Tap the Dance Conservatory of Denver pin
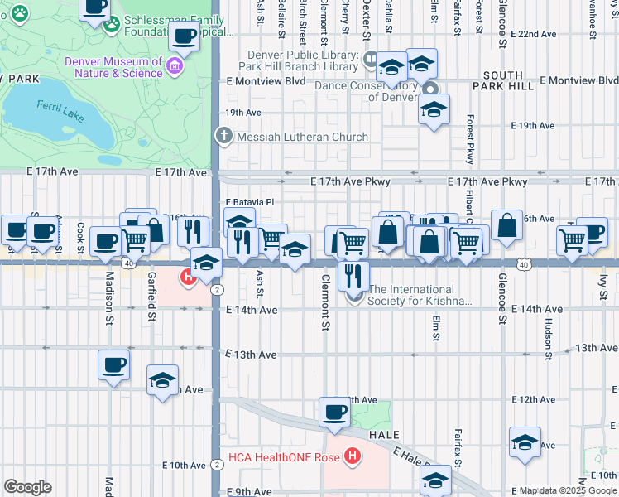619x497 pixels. tap(429, 89)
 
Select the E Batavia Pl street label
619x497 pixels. tap(249, 201)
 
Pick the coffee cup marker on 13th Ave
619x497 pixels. tap(113, 364)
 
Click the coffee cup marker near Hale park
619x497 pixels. tap(335, 413)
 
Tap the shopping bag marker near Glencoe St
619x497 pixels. tap(506, 225)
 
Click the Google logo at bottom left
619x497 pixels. tap(27, 487)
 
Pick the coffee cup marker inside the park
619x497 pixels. tap(184, 36)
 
